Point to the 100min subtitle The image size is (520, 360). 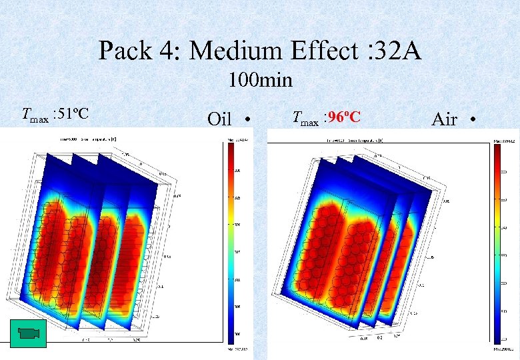tap(260, 81)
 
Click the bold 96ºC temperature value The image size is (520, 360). tap(344, 118)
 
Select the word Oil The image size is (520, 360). tap(219, 119)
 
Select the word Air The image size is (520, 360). tap(445, 119)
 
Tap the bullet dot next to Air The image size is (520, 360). tap(472, 120)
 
